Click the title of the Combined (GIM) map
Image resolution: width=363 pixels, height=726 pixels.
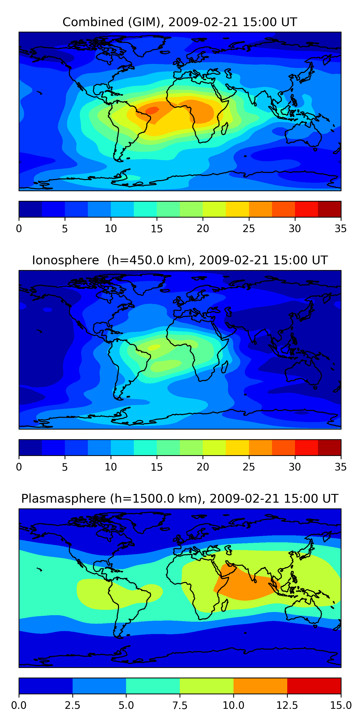(180, 22)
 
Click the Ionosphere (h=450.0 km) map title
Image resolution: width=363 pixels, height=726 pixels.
(180, 260)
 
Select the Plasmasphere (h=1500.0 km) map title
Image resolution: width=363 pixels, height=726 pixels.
(180, 499)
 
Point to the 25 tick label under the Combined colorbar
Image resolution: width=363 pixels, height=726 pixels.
(249, 228)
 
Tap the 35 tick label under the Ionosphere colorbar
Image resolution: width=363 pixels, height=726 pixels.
(341, 467)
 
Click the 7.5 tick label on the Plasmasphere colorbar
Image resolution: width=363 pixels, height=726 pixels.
(180, 705)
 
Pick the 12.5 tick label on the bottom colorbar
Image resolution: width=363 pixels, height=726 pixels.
(287, 705)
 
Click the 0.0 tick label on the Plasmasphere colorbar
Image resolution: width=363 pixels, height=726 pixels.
(19, 705)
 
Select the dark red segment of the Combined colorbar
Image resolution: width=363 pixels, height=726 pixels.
(329, 209)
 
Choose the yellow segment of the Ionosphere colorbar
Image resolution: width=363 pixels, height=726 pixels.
(237, 447)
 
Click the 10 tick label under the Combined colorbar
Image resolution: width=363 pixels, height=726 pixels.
(111, 228)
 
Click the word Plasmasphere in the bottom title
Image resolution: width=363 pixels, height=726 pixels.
(63, 499)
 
